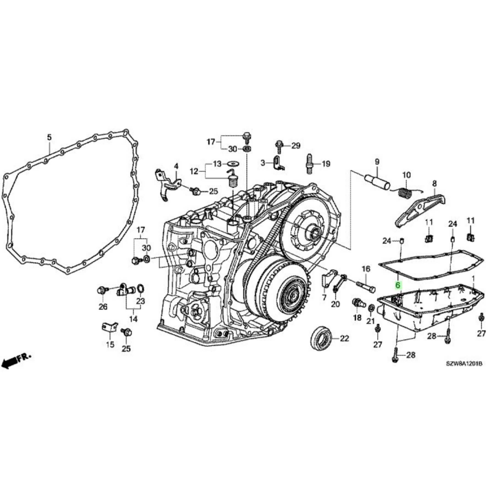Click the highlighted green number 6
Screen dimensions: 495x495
click(x=398, y=285)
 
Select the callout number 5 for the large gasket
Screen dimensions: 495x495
click(x=49, y=137)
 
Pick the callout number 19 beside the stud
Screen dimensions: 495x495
click(x=326, y=164)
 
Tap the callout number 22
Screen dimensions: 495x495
click(x=345, y=338)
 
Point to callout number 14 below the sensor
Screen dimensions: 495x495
click(x=133, y=319)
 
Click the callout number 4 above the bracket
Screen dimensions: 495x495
click(x=176, y=167)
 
